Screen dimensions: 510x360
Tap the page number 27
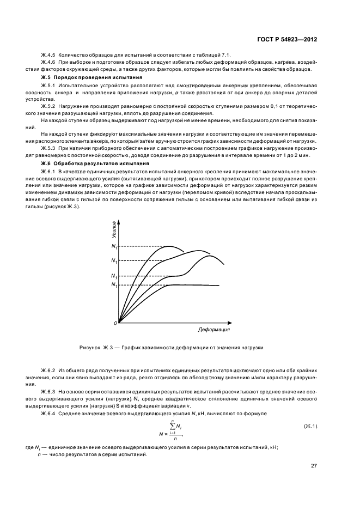point(314,466)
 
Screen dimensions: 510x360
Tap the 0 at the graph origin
point(115,324)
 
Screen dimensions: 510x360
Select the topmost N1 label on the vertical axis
point(114,247)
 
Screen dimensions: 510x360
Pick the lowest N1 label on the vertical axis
point(114,285)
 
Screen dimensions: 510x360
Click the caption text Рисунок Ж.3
point(95,347)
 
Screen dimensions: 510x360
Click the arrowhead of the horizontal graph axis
point(234,322)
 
